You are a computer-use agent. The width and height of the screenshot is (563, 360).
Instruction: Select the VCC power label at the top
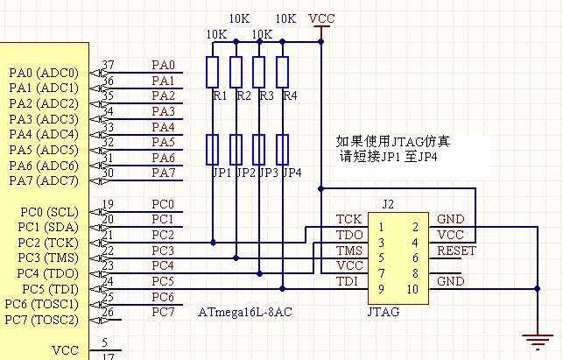coord(322,18)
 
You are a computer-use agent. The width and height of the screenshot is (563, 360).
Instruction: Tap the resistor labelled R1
coord(213,72)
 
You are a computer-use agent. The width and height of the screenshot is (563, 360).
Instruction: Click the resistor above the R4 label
coord(283,72)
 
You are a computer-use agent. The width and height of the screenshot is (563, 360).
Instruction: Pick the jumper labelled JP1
coord(213,150)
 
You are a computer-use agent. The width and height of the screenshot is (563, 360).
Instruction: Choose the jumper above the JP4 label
coord(283,150)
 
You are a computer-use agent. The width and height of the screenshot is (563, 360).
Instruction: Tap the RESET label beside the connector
coord(456,251)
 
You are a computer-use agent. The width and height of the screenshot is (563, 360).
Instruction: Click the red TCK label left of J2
coord(348,218)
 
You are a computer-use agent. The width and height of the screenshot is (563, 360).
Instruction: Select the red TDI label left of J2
coord(348,281)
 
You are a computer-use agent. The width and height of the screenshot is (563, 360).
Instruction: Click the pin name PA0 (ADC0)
coord(44,73)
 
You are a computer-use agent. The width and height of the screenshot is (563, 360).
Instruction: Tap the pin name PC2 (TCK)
coord(44,243)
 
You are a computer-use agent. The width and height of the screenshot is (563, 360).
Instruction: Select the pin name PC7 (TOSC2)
coord(44,319)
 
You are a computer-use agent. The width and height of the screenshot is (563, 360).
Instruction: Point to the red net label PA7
coord(164,173)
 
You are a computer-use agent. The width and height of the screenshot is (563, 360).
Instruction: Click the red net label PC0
coord(163,204)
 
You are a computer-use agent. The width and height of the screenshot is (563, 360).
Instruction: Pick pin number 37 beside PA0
coord(109,66)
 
